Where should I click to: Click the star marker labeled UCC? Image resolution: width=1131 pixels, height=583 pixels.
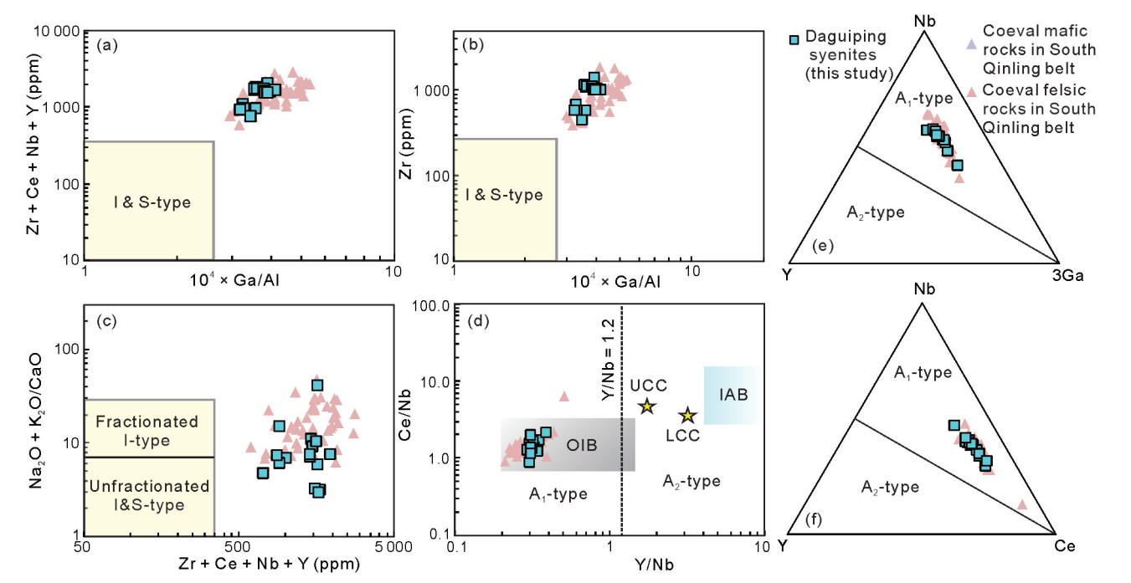tap(646, 406)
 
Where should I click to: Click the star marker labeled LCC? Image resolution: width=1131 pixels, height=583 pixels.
tap(687, 416)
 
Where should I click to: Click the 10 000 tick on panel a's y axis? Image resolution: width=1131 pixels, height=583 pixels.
tap(54, 32)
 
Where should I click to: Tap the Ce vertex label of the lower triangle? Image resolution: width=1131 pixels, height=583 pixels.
tap(1064, 546)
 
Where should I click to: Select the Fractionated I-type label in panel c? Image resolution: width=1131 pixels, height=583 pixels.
tap(148, 431)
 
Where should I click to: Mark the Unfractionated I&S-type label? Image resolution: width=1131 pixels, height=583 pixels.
tap(148, 495)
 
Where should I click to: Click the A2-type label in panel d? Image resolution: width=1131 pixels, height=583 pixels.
tap(691, 481)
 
